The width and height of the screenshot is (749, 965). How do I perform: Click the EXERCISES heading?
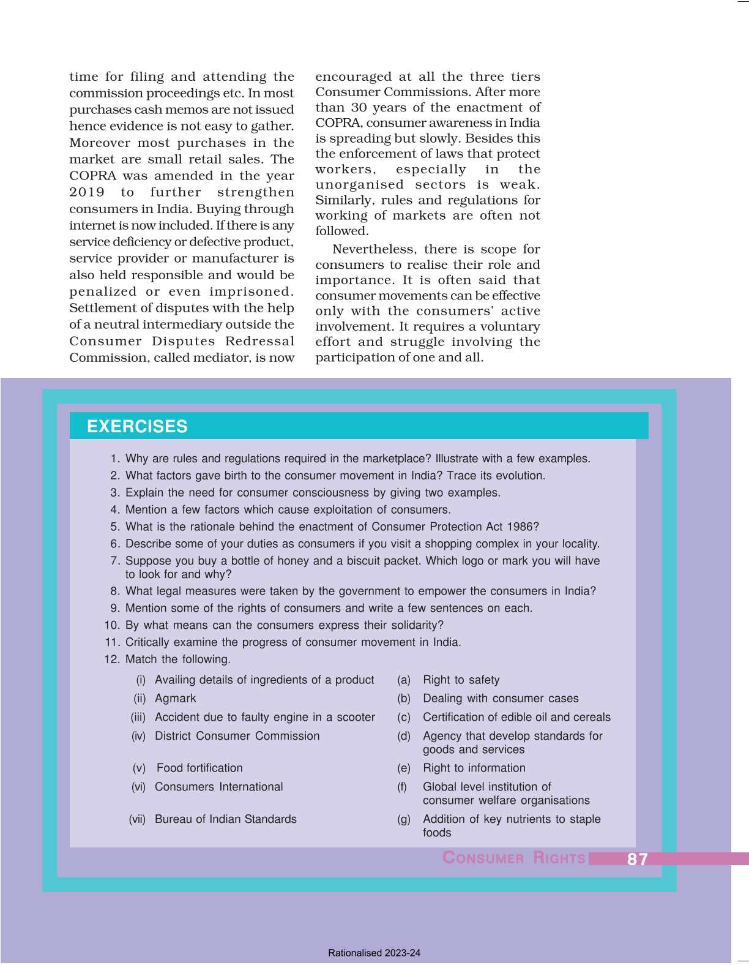pyautogui.click(x=137, y=426)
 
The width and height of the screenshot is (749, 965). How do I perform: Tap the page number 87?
pyautogui.click(x=637, y=859)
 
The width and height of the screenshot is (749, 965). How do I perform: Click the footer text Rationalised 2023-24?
pyautogui.click(x=374, y=953)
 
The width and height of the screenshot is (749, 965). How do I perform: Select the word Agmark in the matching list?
pyautogui.click(x=175, y=698)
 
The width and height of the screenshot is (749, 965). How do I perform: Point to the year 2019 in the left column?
pyautogui.click(x=87, y=192)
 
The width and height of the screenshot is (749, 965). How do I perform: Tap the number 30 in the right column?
pyautogui.click(x=359, y=107)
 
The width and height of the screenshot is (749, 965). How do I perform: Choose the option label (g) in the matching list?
pyautogui.click(x=404, y=819)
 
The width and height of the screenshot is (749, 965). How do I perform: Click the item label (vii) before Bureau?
pyautogui.click(x=137, y=819)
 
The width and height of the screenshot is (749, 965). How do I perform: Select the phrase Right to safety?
pyautogui.click(x=461, y=680)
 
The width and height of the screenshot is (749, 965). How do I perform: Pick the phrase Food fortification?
pyautogui.click(x=199, y=768)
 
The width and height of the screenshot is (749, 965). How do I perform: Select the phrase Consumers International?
pyautogui.click(x=218, y=787)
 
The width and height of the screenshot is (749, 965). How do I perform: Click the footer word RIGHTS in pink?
pyautogui.click(x=559, y=858)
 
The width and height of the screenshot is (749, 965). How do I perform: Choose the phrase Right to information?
pyautogui.click(x=474, y=768)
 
